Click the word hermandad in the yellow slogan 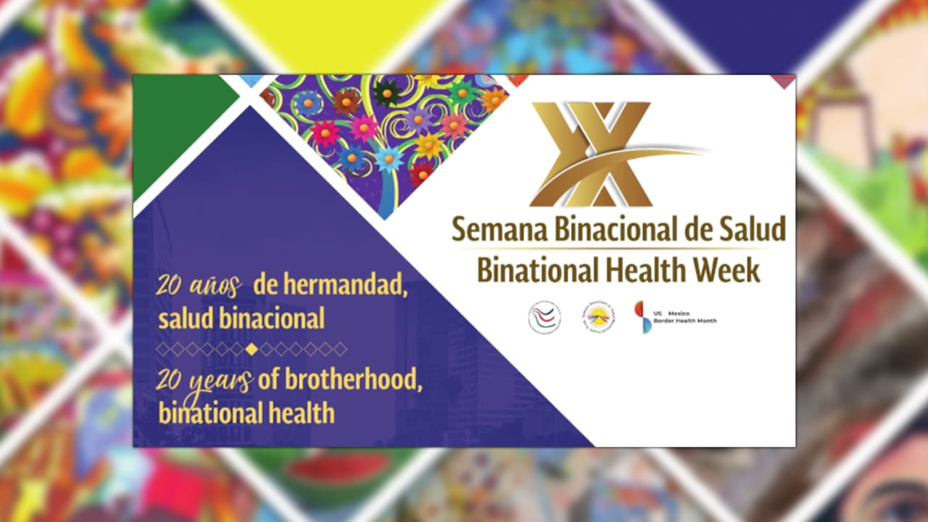pos(329,286)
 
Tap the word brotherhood pos(340,381)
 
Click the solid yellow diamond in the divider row pos(251,349)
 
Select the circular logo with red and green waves pos(544,318)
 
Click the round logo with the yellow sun pos(598,318)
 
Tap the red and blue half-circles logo pos(642,317)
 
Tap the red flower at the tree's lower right pos(420,173)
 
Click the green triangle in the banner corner pos(174,123)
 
